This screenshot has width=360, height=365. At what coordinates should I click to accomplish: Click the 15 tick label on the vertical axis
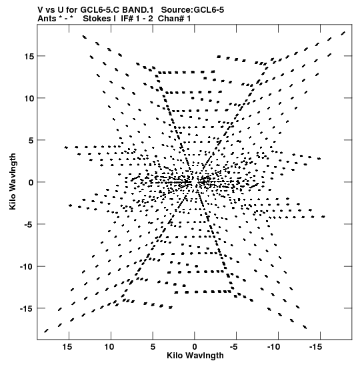(29, 56)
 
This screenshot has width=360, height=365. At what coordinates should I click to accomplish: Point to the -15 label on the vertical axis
(27, 309)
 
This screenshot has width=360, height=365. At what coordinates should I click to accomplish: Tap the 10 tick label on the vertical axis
(29, 99)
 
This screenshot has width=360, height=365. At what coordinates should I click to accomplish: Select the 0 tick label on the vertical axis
(31, 183)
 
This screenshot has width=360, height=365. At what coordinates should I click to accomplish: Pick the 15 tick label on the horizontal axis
(67, 347)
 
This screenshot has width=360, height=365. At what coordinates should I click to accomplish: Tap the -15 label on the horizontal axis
(315, 347)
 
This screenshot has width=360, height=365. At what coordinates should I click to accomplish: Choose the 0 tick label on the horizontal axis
(195, 347)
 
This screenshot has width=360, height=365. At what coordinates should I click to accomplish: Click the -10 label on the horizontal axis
(274, 347)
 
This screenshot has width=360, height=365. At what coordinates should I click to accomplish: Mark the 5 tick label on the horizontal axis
(153, 347)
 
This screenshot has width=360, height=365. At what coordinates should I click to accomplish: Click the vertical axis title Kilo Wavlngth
(13, 181)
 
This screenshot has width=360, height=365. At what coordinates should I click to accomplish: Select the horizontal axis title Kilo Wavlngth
(195, 356)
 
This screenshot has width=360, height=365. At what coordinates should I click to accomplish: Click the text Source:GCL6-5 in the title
(193, 10)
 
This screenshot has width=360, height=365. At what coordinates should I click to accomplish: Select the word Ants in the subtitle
(47, 19)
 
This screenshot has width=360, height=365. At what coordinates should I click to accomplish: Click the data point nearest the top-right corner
(343, 33)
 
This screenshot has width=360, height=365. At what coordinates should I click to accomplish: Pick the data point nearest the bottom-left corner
(46, 331)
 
